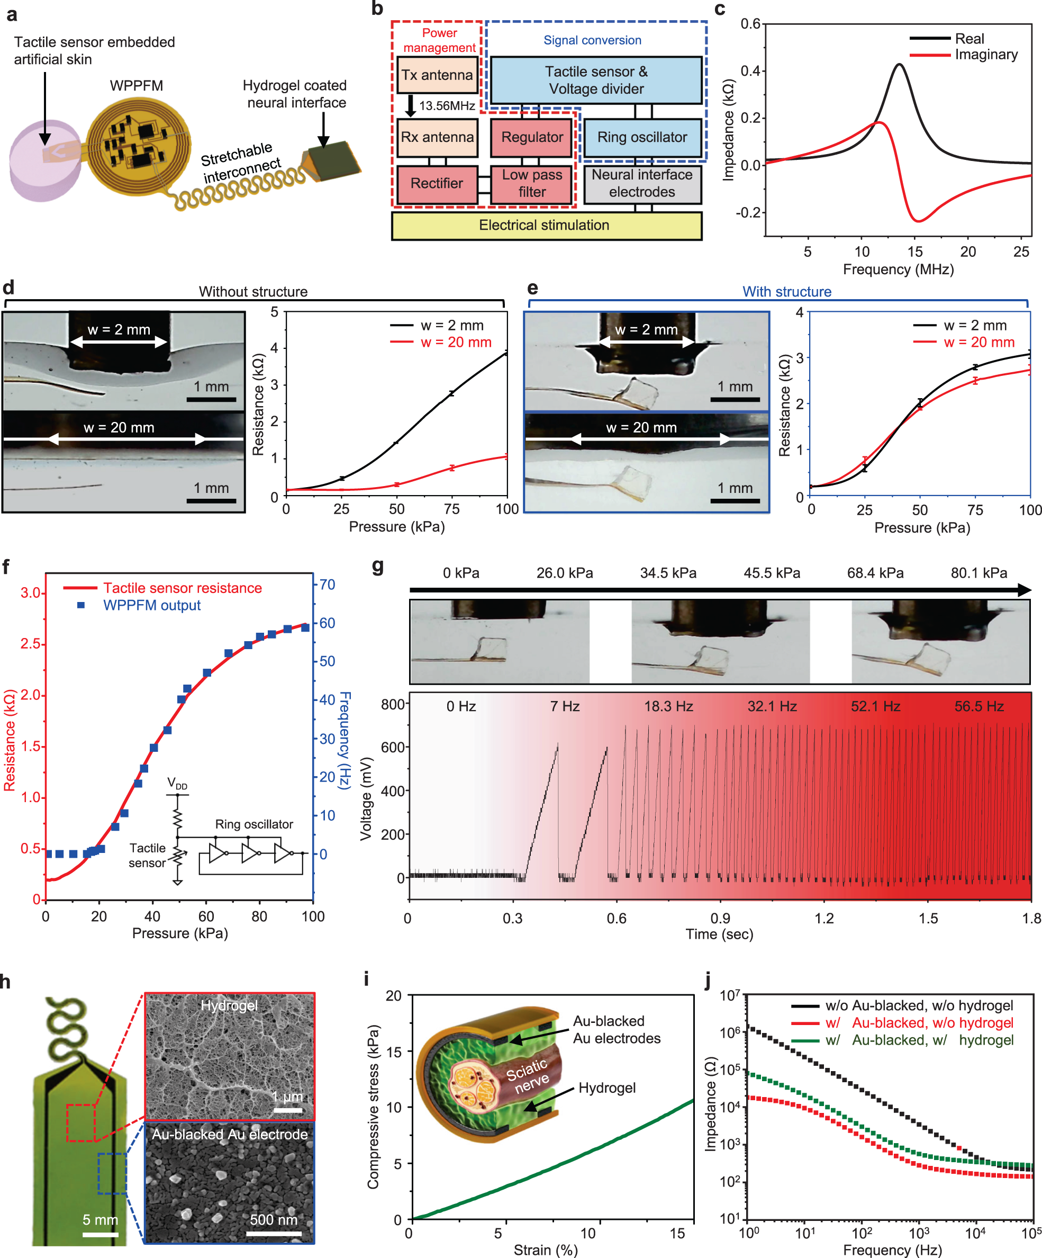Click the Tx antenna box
pos(437,75)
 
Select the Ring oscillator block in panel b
pos(642,137)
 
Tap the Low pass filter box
pos(531,183)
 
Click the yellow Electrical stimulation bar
pos(546,225)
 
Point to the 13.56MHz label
pos(447,106)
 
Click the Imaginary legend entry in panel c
pos(985,55)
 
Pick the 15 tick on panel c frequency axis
pos(915,251)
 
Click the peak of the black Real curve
pos(900,65)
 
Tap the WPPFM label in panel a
pos(136,86)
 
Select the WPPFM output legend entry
pos(151,605)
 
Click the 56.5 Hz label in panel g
pos(978,706)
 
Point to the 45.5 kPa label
pos(772,573)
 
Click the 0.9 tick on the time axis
pos(720,918)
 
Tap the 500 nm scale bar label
pos(273,1220)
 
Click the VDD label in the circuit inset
pos(177,784)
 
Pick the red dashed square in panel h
pos(81,1122)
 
